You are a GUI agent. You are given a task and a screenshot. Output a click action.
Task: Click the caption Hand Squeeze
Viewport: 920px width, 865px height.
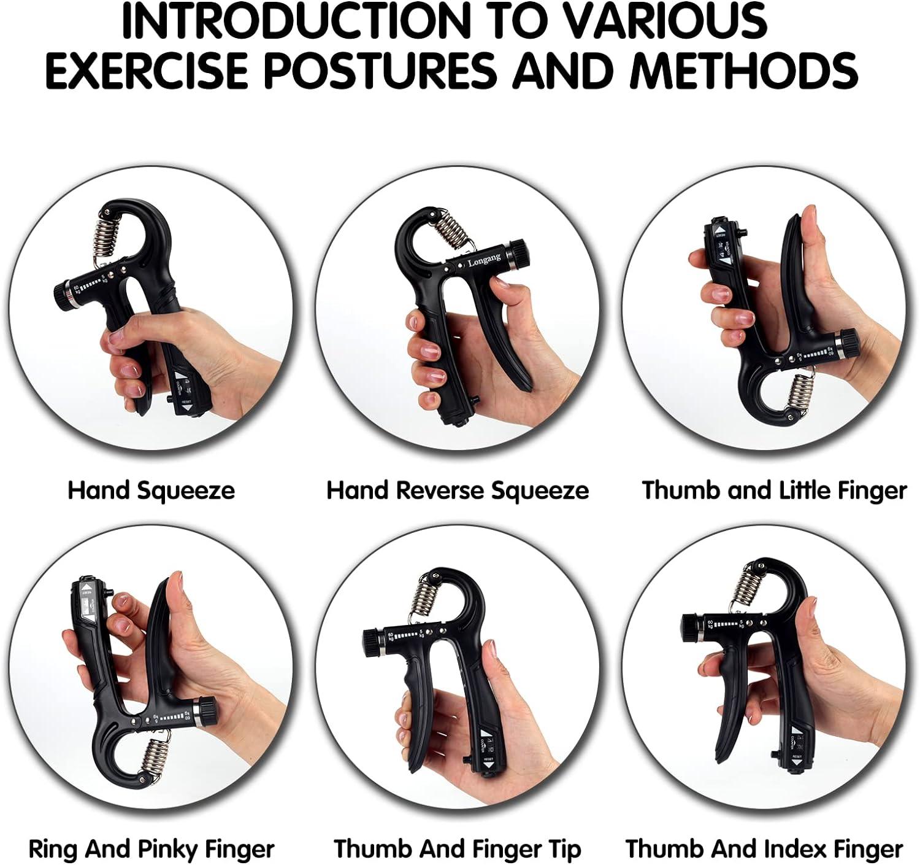[151, 491]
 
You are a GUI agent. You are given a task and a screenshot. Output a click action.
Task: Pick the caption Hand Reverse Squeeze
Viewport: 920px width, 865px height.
[458, 491]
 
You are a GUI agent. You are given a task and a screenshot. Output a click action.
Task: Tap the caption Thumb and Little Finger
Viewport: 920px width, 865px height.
[774, 491]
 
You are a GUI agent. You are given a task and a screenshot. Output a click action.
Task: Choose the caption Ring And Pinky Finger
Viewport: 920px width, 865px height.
[151, 850]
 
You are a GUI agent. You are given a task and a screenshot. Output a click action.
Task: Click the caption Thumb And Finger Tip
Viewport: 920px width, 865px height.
[458, 850]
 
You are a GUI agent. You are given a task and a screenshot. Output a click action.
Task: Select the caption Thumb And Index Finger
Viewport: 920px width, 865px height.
[764, 850]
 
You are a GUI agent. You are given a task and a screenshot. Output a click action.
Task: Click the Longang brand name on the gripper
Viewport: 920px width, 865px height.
[484, 260]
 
